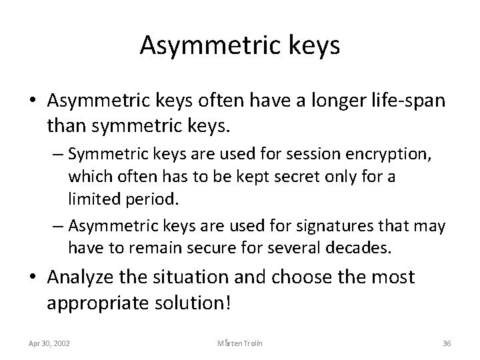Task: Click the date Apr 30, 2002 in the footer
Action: point(51,343)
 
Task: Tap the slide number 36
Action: point(447,343)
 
